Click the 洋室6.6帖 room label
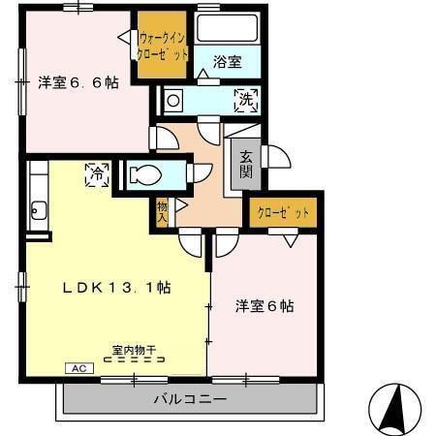coord(78,83)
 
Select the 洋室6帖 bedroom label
coord(264,306)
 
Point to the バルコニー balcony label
coord(190,399)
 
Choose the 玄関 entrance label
coord(247,165)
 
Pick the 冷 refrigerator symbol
coord(97,175)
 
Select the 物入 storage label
coord(161,210)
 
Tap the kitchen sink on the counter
coord(39,207)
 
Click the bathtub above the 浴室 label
coord(229,27)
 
